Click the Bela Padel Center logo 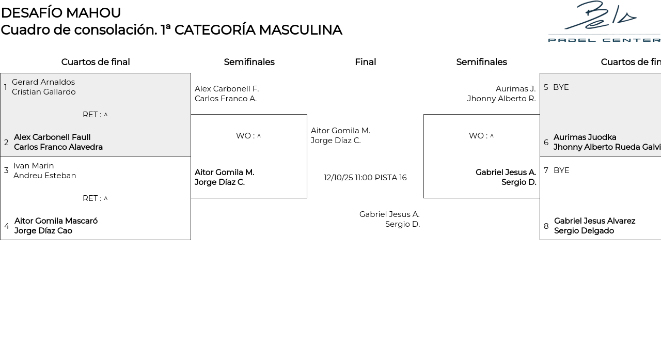pos(604,22)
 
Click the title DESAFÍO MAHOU pos(61,13)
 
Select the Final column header pos(365,62)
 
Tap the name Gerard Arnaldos pos(43,82)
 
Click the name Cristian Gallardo pos(44,92)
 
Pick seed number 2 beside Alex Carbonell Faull pos(6,143)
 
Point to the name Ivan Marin pos(34,166)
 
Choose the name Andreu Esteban pos(45,176)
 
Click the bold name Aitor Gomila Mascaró pos(56,221)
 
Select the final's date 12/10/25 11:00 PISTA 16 pos(365,178)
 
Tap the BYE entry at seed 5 pos(561,87)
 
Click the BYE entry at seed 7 pos(561,170)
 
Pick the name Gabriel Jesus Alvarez pos(594,221)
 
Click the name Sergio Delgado pos(584,231)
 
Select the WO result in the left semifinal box pos(248,136)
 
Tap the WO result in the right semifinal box pos(481,136)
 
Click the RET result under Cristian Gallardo pos(95,115)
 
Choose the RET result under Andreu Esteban pos(95,198)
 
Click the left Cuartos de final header pos(96,62)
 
